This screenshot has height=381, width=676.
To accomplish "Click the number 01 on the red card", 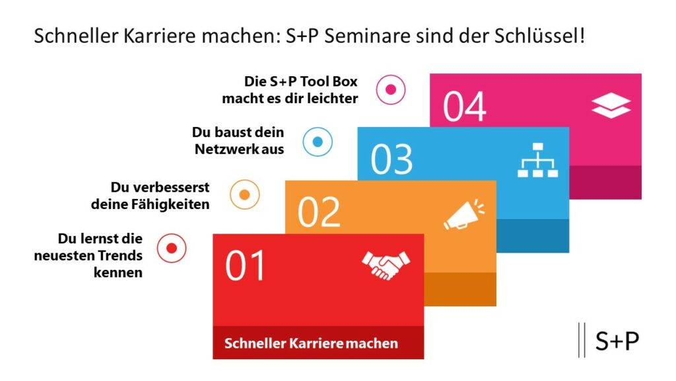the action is click(245, 266).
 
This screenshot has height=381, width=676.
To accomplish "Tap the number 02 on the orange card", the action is click(319, 212).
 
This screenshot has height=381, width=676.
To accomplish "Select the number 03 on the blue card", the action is click(391, 159).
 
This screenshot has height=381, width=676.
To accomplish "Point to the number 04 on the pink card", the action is click(464, 106).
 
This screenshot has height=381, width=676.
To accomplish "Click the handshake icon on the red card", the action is click(386, 265).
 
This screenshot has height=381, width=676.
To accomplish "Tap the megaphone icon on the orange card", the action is click(464, 214).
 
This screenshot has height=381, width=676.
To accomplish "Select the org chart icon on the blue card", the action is click(537, 160).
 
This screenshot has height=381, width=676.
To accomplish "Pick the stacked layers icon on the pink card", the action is click(611, 106).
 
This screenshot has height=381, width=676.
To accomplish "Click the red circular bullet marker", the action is click(172, 249).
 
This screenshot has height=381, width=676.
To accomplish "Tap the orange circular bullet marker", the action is click(244, 195).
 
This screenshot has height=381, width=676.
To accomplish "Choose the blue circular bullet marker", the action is click(318, 142).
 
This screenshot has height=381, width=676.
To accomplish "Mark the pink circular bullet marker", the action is click(391, 89).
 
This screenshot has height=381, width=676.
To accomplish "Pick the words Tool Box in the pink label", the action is click(329, 81).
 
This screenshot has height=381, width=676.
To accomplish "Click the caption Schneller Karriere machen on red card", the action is click(312, 343).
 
